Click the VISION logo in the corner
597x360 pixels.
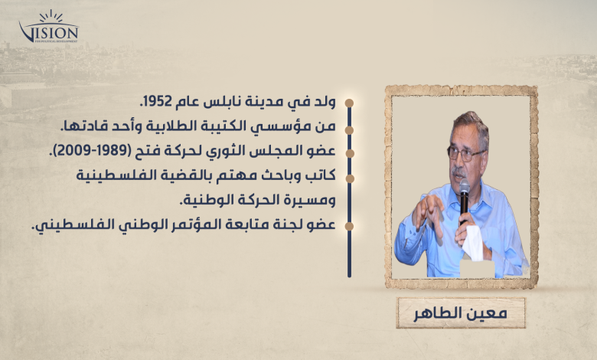(x=49, y=27)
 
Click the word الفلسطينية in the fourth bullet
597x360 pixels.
(x=111, y=175)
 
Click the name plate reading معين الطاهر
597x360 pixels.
(x=461, y=313)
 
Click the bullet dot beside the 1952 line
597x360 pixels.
(x=349, y=103)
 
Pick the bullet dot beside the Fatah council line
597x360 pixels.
(x=349, y=153)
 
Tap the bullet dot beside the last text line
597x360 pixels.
(x=349, y=226)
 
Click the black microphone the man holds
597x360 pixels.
(x=464, y=199)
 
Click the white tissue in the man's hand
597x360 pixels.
(x=472, y=243)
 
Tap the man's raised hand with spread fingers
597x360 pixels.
(x=429, y=212)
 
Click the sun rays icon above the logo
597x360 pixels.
(x=51, y=16)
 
